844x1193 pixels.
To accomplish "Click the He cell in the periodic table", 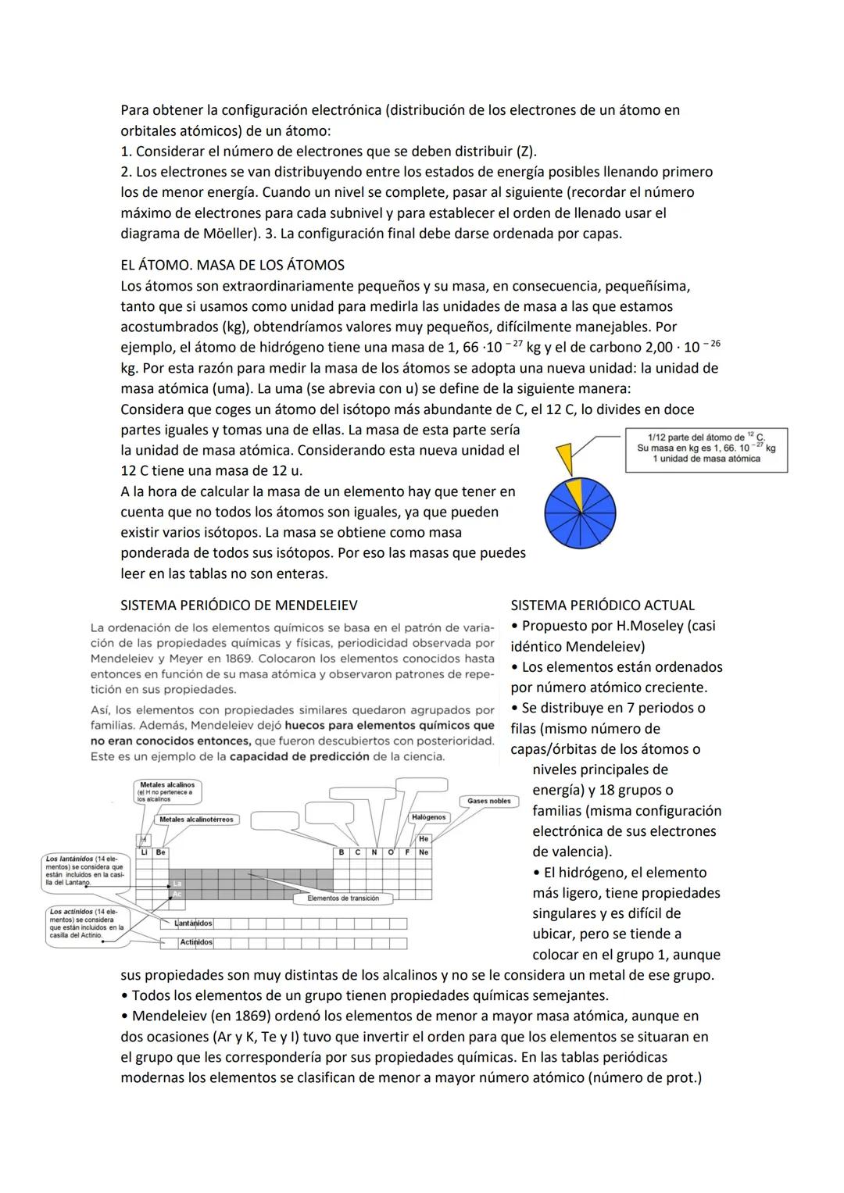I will (424, 839).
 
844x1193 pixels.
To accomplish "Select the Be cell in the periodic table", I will (160, 852).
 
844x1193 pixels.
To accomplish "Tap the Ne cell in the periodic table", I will (424, 852).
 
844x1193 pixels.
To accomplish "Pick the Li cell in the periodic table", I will (144, 852).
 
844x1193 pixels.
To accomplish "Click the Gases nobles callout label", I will (489, 801).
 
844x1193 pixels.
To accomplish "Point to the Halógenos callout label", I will (428, 817).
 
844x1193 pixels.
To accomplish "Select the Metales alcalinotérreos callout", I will (196, 820).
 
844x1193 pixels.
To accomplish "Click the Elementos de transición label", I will (343, 898).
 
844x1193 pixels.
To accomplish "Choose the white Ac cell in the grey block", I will (177, 894).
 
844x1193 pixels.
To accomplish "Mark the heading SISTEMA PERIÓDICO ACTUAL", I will (603, 605).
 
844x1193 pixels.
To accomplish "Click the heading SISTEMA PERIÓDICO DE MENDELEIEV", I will (239, 605).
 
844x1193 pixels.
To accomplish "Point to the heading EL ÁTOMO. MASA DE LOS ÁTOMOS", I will (232, 266).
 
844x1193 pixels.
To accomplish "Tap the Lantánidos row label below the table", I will (193, 923).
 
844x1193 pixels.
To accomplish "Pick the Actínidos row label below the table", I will (196, 943).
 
